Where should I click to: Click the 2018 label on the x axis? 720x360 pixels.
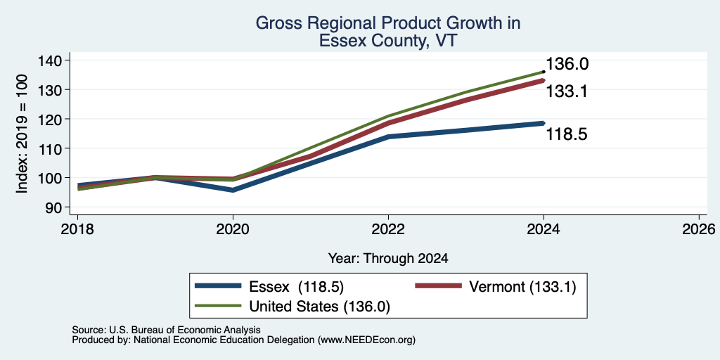(x=77, y=229)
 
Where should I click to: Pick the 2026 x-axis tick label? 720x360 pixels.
(x=700, y=229)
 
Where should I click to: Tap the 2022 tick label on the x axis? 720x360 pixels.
(x=388, y=229)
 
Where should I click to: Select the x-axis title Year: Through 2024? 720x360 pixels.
(x=388, y=259)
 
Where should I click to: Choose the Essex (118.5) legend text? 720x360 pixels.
(x=297, y=287)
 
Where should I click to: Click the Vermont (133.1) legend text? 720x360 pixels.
(x=522, y=287)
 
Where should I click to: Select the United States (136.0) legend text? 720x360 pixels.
(x=320, y=307)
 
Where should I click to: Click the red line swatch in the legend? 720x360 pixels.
(x=438, y=286)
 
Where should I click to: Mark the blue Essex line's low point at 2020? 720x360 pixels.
(x=233, y=190)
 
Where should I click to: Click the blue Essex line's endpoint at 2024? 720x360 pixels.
(x=544, y=123)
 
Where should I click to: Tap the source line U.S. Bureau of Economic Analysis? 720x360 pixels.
(x=166, y=330)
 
